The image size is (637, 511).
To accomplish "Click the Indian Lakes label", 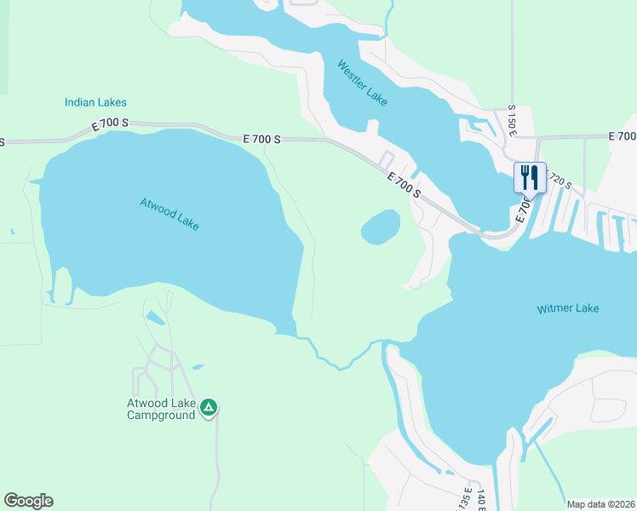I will point(95,102).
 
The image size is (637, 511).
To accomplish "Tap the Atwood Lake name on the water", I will point(169,214).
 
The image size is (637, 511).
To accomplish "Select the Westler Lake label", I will point(362,83).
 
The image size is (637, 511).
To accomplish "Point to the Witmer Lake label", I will point(568,308).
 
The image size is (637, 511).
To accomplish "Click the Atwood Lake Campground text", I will point(161,409).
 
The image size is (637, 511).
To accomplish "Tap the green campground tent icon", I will point(209,408).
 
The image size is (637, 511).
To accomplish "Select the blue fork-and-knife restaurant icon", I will point(530,177).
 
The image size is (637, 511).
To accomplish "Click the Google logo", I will point(28,501).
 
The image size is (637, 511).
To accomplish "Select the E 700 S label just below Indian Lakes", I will point(110,125).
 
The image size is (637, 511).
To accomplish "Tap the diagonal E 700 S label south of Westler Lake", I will point(404,184).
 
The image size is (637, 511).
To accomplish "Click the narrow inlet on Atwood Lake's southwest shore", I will point(62,286).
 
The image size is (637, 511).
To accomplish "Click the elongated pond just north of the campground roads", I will point(155,318).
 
